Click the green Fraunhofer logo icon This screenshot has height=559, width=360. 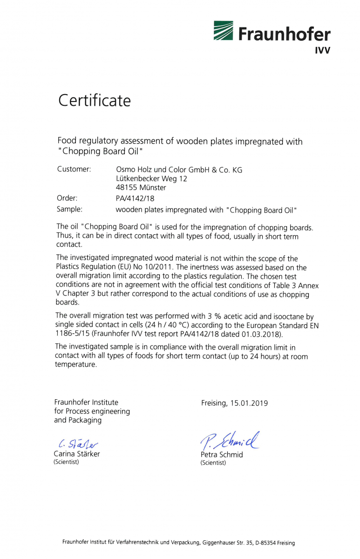point(224,31)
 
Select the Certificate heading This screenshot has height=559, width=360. point(94,101)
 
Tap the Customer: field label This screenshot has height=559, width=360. point(74,169)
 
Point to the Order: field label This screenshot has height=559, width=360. point(67,198)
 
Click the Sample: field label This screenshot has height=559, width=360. point(69,209)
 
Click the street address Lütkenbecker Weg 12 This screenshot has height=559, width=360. point(151,179)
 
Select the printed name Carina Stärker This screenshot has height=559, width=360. point(77,454)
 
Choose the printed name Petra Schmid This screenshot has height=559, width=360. point(222,455)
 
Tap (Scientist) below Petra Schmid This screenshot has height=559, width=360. point(213,463)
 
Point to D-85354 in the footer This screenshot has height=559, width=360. point(264,543)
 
